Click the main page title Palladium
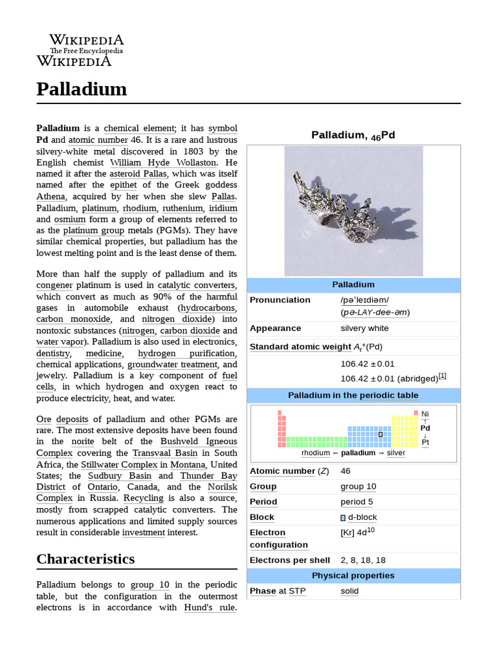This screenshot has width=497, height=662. [x=82, y=89]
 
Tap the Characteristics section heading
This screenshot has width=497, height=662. [x=85, y=559]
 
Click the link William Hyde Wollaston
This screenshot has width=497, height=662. [x=163, y=162]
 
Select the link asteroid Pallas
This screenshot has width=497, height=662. [x=138, y=173]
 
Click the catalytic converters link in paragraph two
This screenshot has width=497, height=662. [x=197, y=285]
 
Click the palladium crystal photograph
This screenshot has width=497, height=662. [x=353, y=211]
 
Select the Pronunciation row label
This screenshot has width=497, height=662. [x=280, y=300]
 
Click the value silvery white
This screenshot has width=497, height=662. [x=364, y=328]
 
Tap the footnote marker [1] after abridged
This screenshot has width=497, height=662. [x=442, y=376]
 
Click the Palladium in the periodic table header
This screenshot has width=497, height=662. [x=353, y=395]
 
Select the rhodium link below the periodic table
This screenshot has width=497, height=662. [x=315, y=453]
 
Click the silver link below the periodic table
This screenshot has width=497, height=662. [x=395, y=453]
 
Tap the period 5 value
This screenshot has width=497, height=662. [x=357, y=502]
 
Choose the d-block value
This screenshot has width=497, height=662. [x=362, y=517]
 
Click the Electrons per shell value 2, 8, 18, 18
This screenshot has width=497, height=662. [x=363, y=560]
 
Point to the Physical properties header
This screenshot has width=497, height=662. [x=353, y=575]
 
